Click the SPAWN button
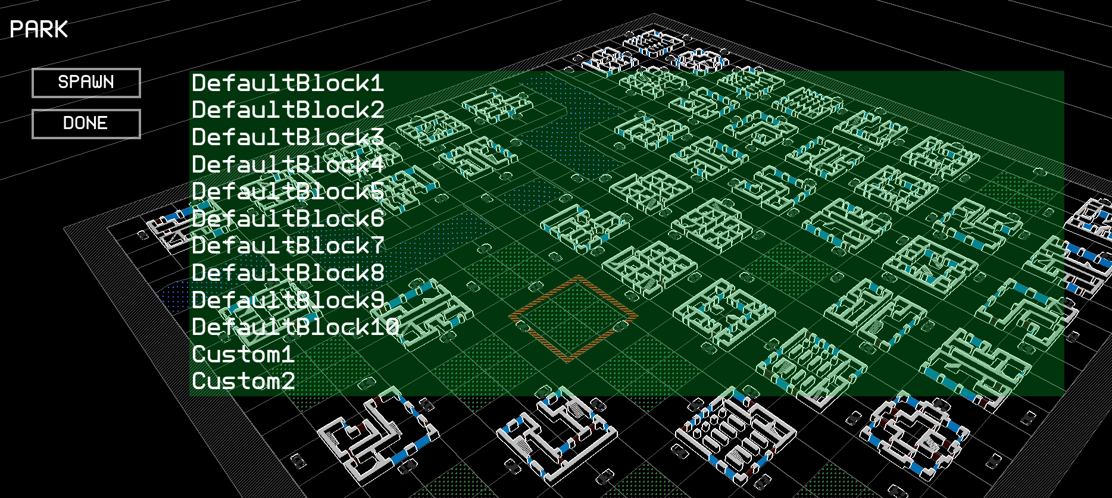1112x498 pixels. [x=86, y=83]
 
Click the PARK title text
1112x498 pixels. [x=39, y=29]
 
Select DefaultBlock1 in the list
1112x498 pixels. [x=288, y=83]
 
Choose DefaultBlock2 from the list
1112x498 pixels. [x=288, y=110]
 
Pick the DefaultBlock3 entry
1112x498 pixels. [x=288, y=137]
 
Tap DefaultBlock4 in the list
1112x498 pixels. [x=288, y=165]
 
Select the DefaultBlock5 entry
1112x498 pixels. [x=288, y=192]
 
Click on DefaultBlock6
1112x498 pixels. [x=288, y=219]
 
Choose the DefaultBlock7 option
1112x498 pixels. [x=288, y=246]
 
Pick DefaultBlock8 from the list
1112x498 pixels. [x=288, y=273]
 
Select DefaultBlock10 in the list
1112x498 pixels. [x=295, y=327]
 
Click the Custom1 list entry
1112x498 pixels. [x=243, y=355]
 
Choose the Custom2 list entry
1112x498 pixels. [x=243, y=381]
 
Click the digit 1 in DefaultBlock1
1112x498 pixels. [x=377, y=83]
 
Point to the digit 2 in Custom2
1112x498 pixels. [x=288, y=381]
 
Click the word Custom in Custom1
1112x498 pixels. [x=236, y=355]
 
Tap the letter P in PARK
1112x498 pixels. [x=17, y=29]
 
